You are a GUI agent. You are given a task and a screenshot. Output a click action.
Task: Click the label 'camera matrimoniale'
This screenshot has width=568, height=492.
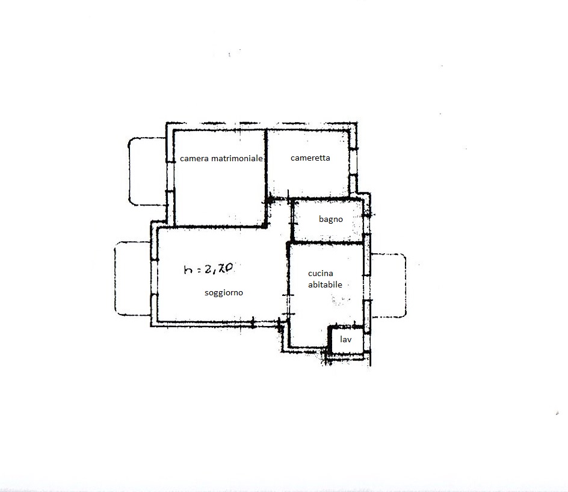(221, 158)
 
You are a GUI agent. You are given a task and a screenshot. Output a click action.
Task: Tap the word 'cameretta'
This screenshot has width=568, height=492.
(310, 158)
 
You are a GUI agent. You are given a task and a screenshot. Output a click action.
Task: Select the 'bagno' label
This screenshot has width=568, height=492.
(331, 219)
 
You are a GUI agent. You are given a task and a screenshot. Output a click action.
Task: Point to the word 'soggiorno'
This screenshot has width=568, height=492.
(223, 292)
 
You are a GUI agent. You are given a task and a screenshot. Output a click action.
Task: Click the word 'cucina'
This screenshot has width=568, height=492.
(321, 273)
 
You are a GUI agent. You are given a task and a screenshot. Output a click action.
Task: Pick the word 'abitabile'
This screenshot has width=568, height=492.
(325, 284)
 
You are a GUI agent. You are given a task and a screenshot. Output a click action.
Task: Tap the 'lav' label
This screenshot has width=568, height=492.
(345, 339)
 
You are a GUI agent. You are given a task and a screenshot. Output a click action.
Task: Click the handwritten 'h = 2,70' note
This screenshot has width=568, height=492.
(208, 269)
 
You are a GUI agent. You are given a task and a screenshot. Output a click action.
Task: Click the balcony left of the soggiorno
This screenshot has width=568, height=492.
(132, 278)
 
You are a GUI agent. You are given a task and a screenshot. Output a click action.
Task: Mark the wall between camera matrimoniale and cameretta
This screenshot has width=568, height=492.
(266, 164)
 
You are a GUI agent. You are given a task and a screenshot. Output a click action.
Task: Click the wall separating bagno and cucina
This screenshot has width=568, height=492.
(327, 242)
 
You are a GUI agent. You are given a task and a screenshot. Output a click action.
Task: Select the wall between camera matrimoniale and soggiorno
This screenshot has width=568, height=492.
(220, 226)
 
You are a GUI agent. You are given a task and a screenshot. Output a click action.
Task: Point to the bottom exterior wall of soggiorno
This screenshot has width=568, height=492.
(217, 324)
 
